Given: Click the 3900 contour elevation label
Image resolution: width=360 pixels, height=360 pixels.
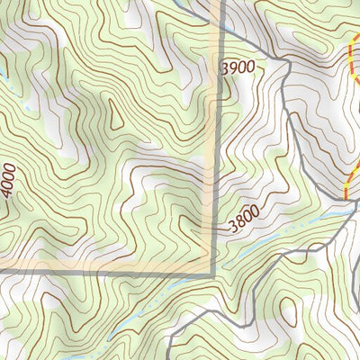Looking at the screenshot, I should click(x=238, y=66).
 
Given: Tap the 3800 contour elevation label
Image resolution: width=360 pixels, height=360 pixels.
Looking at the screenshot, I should click(x=245, y=219).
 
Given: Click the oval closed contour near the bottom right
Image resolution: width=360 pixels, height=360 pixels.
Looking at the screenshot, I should click(x=290, y=310).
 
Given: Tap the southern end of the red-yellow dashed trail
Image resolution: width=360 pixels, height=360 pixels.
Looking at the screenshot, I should click(x=346, y=197).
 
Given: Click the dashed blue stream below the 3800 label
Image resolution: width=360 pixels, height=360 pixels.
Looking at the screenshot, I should click(x=270, y=238).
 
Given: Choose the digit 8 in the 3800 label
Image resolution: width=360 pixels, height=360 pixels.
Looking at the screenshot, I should click(x=238, y=220).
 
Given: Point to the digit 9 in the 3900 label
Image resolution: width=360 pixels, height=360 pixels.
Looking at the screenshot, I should click(x=233, y=67).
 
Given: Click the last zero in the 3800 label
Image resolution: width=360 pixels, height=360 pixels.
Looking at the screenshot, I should click(x=258, y=212).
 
